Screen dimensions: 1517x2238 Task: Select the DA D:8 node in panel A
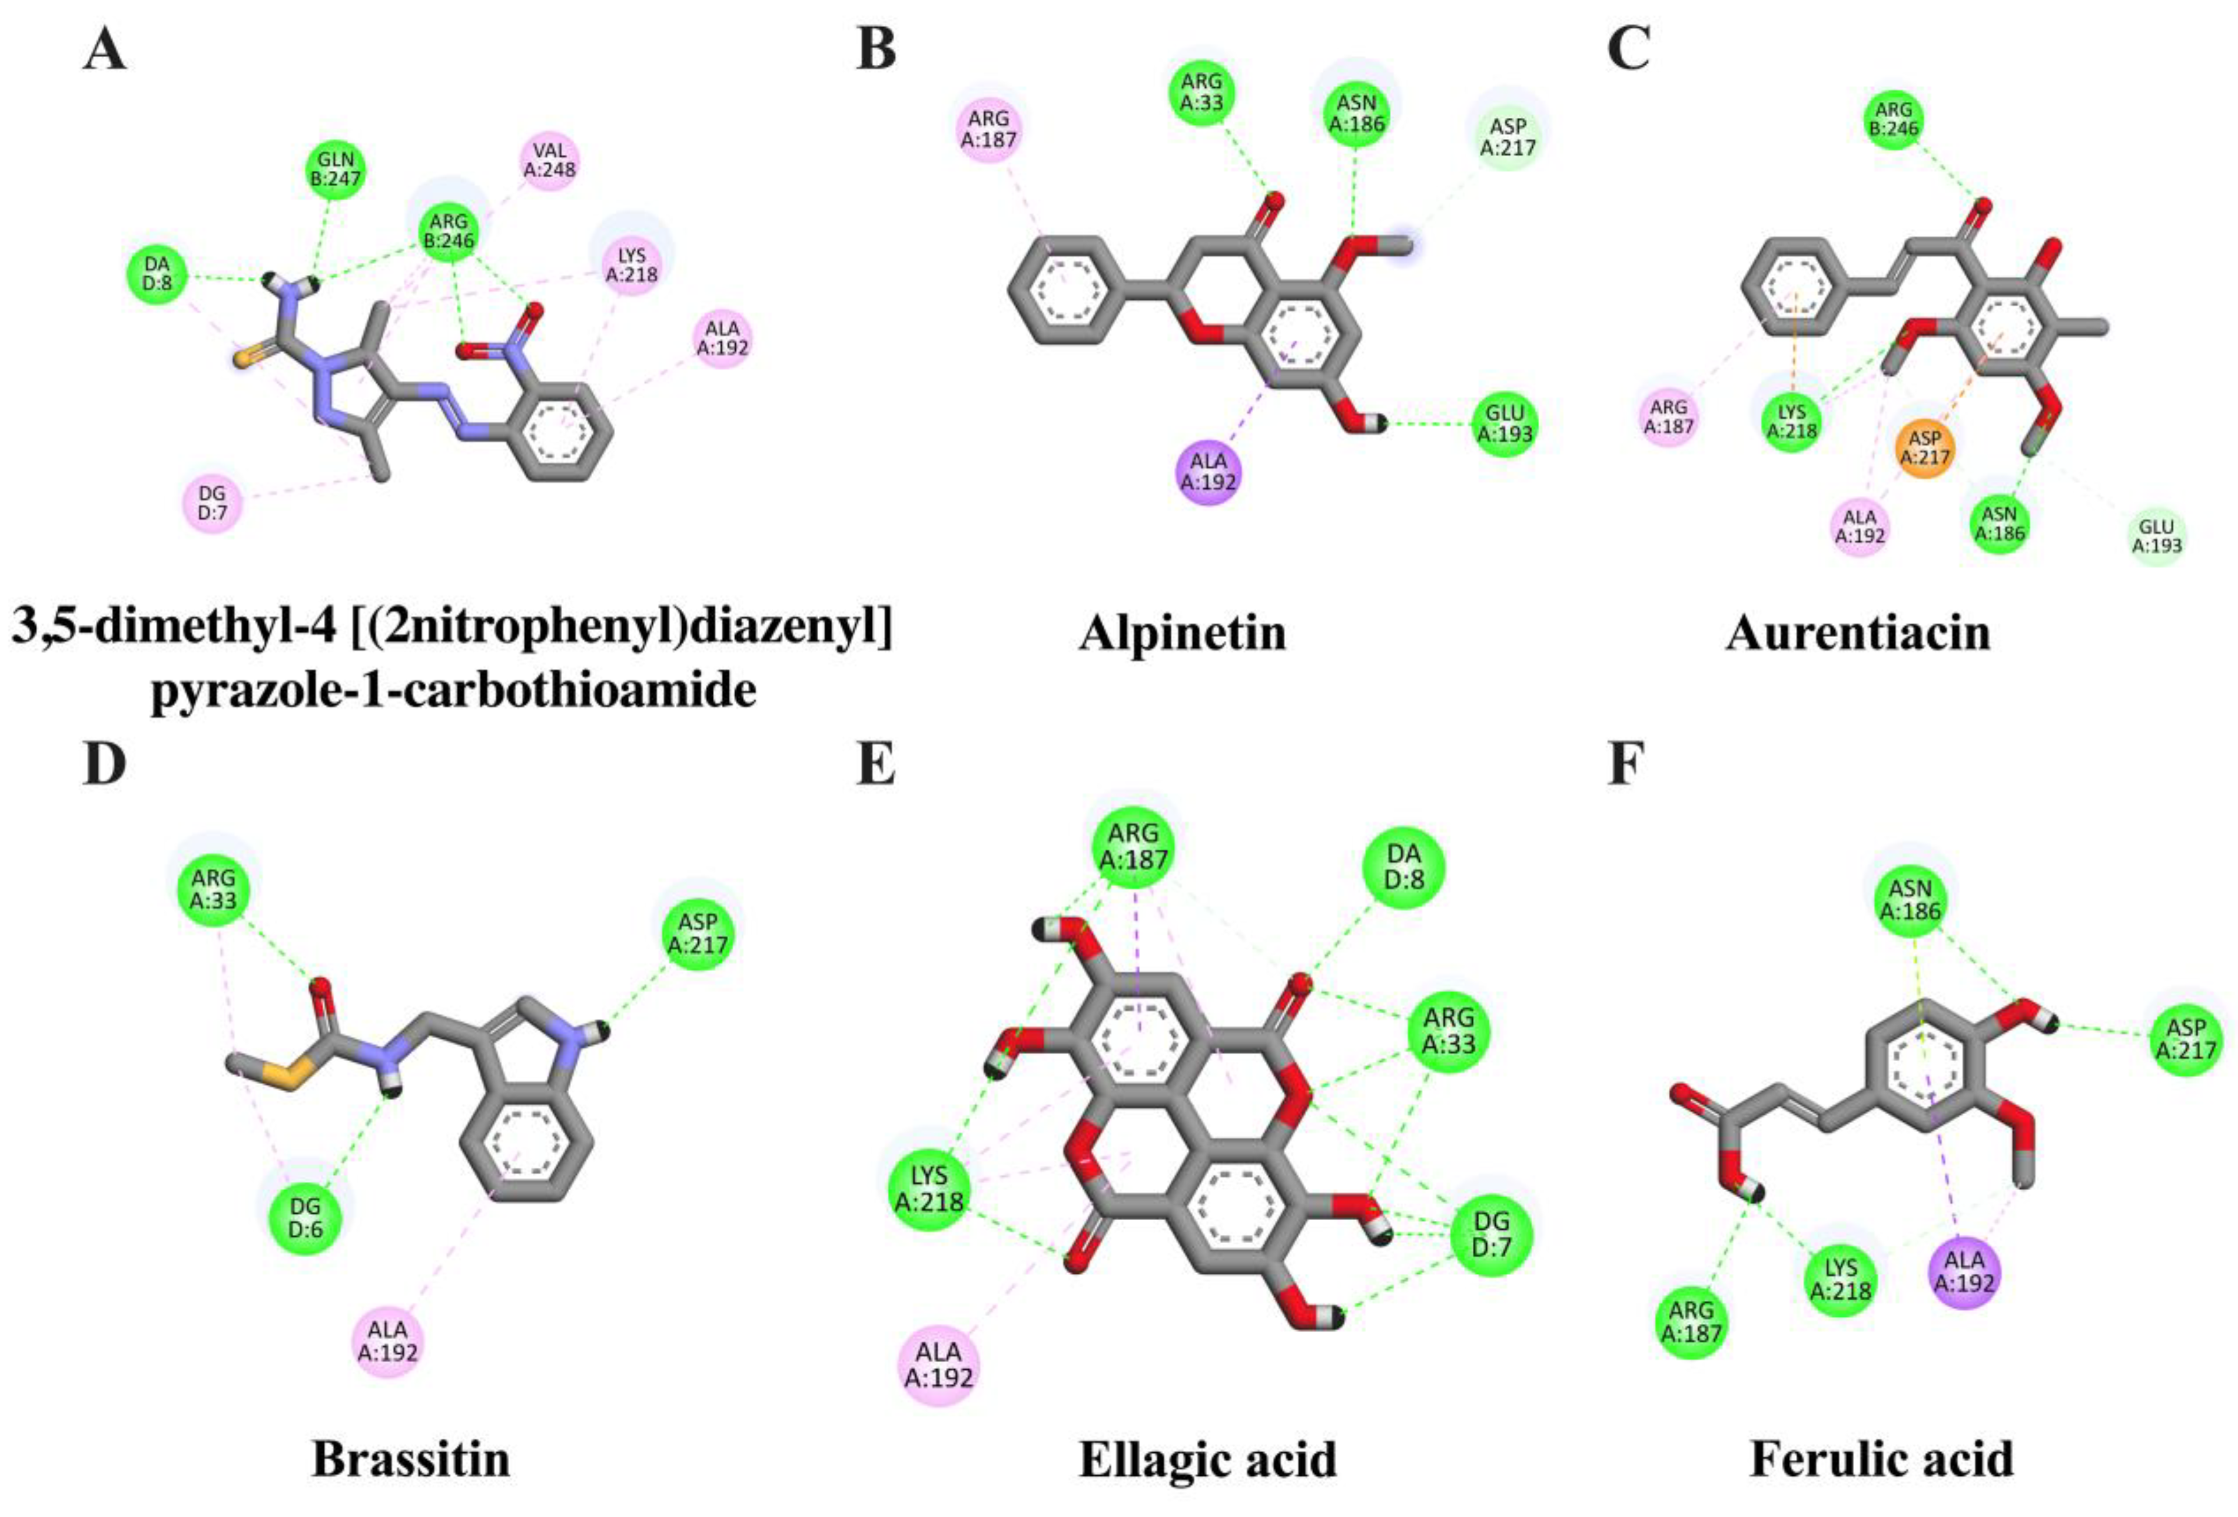tap(157, 273)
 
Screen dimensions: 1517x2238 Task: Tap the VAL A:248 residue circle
tap(550, 161)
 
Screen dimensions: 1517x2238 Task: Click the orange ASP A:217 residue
tap(1924, 449)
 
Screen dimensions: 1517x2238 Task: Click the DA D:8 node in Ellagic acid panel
tap(1404, 872)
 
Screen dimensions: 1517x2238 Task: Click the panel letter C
tap(1629, 48)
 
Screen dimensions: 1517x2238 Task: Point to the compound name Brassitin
tap(411, 1459)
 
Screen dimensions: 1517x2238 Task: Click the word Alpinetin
tap(1183, 633)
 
